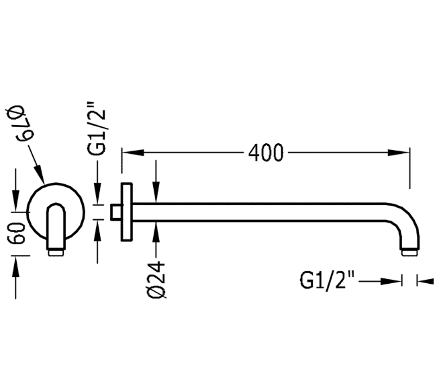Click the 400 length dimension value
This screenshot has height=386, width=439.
tap(266, 153)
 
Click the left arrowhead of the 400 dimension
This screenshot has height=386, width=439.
tap(128, 153)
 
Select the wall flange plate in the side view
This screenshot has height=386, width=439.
tap(125, 212)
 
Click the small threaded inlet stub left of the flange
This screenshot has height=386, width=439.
tap(117, 212)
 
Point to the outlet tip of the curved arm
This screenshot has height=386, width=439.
tap(409, 252)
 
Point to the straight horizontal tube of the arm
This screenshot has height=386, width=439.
tap(269, 212)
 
